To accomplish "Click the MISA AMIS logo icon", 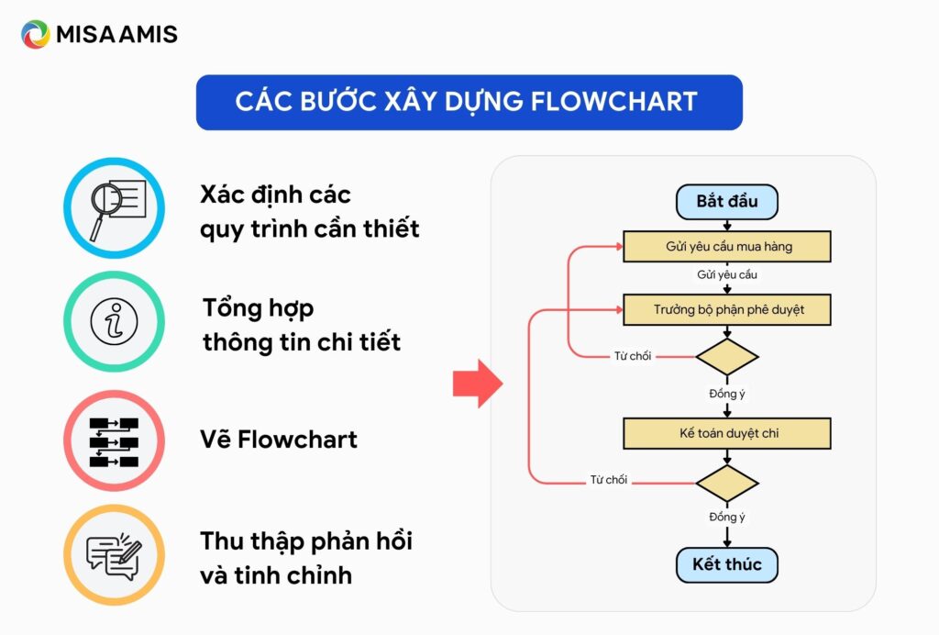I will coord(35,35).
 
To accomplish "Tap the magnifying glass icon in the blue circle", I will coord(114,207).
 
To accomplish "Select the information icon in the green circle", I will coord(114,323).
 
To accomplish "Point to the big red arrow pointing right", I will coord(478,383).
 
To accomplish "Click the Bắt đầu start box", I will coord(726,202).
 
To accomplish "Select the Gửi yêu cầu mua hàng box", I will coord(727,247).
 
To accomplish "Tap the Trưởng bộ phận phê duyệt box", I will coord(727,310).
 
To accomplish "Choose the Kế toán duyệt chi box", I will coord(727,433).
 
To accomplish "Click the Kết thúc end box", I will coord(726,564).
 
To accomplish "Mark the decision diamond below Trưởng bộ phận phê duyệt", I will coord(727,356).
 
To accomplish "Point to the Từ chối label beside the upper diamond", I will coord(633,356).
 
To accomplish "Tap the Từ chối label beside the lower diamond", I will coord(609,480).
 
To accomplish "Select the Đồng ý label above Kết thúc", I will coord(727,517).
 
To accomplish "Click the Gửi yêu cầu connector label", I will coord(727,274).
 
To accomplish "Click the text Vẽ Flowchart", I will coord(279,440).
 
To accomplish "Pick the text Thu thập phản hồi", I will coord(306,541).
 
